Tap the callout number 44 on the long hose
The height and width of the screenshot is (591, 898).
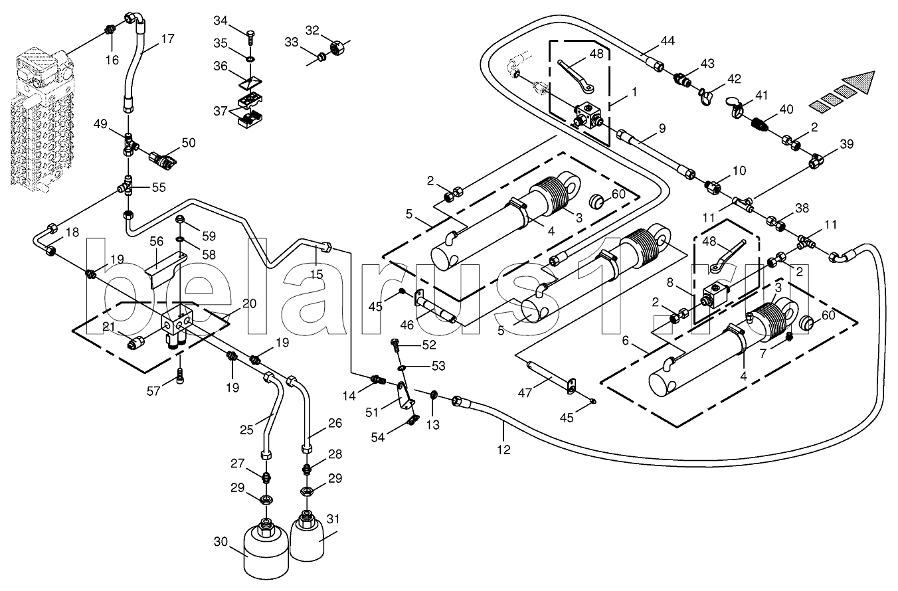pos(667,41)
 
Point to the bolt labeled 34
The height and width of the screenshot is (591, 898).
pos(250,33)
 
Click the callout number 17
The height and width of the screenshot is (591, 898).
pos(167,39)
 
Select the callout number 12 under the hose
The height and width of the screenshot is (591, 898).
pos(503,450)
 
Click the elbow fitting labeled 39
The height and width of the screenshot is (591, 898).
pos(817,160)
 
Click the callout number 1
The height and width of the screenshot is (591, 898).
pos(634,92)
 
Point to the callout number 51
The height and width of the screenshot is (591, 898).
pos(372,412)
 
